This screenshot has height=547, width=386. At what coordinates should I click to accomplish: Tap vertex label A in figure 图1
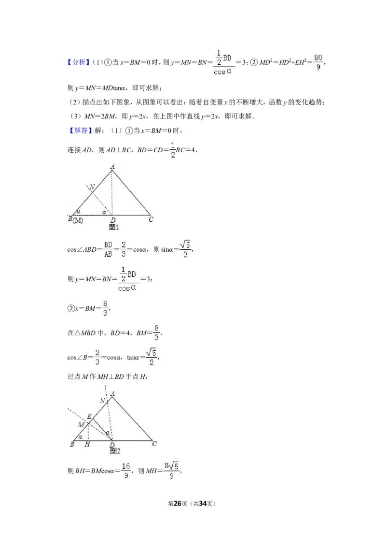[x=112, y=167]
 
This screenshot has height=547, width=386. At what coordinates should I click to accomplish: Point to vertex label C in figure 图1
[x=151, y=219]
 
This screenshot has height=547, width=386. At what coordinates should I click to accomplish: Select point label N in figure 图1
[x=92, y=187]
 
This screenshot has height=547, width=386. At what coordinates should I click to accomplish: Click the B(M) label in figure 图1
[x=76, y=220]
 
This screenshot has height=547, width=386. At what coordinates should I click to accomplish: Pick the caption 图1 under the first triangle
[x=113, y=227]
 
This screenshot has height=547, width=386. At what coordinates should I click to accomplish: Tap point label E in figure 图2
[x=89, y=416]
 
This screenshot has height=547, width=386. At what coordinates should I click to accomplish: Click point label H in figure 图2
[x=87, y=444]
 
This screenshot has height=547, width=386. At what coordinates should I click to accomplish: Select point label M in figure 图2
[x=81, y=425]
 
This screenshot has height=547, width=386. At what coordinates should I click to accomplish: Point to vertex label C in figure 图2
[x=154, y=444]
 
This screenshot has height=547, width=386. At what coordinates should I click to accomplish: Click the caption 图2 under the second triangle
[x=115, y=451]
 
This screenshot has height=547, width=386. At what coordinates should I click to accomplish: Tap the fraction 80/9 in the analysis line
[x=318, y=62]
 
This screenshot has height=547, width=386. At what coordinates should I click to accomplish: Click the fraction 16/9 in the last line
[x=126, y=471]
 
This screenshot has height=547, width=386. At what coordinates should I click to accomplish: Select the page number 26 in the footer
[x=178, y=504]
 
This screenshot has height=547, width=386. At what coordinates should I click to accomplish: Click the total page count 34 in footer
[x=203, y=504]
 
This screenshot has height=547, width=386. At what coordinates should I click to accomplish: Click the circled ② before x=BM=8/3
[x=71, y=308]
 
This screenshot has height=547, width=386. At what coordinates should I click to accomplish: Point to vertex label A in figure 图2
[x=112, y=394]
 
